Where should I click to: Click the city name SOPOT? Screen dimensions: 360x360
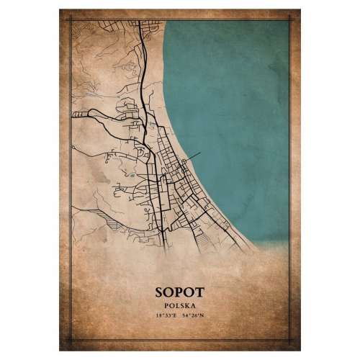[179, 292]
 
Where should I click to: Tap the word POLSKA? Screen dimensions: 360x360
[179, 305]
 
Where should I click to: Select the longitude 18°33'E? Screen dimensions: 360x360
[164, 315]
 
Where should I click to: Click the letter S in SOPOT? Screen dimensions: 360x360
[159, 292]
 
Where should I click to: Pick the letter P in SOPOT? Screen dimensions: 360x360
[179, 292]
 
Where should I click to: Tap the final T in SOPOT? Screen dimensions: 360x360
[199, 292]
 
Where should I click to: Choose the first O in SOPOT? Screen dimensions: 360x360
[169, 292]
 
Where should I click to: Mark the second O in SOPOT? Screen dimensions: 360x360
[189, 292]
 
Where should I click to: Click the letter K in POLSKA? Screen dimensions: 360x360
[187, 305]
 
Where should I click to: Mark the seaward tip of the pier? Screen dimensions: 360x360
[202, 152]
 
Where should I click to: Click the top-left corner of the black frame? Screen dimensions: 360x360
[70, 19]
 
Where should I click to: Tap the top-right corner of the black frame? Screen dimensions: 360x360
[290, 19]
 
